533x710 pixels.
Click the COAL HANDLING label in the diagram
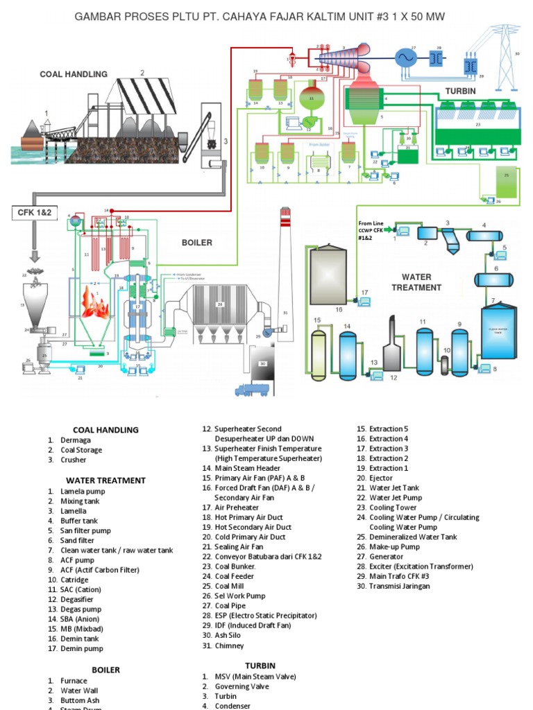(74, 74)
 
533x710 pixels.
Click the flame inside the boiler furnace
(94, 303)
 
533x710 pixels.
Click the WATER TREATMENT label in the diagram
(416, 282)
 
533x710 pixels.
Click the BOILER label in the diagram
(196, 243)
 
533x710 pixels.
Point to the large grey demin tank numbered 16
(328, 276)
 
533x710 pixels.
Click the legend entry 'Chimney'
(229, 646)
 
